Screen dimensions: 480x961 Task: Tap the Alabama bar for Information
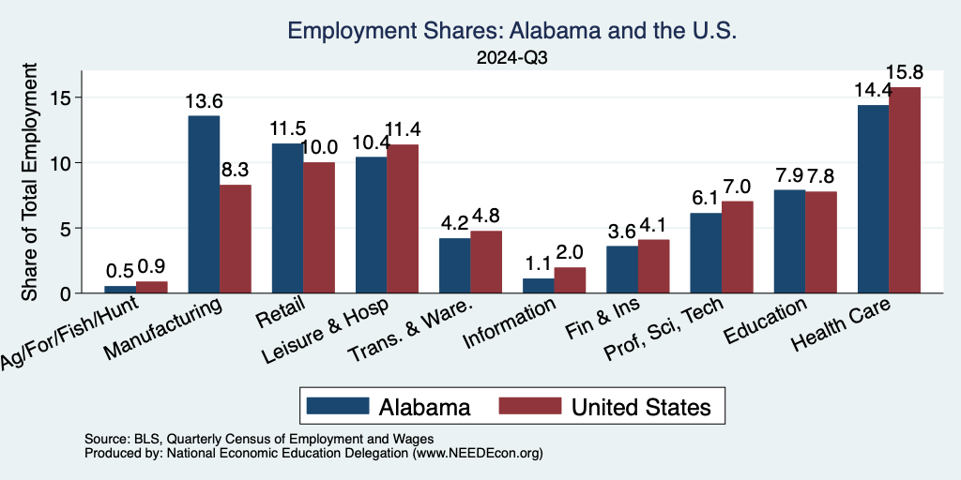(x=539, y=285)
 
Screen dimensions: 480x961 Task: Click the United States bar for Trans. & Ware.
(x=486, y=262)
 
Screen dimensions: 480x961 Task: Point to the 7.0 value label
(x=738, y=187)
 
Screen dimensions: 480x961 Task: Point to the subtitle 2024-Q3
(x=512, y=57)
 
